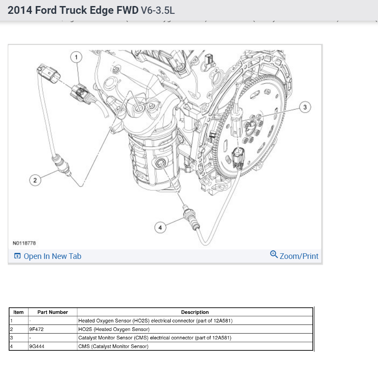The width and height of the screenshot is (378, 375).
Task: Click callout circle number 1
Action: [76, 57]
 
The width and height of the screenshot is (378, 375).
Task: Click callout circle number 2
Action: [35, 180]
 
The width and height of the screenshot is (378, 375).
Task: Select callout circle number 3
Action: [305, 107]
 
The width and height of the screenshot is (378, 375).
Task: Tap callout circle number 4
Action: [160, 227]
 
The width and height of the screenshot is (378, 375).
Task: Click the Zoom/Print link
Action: [299, 256]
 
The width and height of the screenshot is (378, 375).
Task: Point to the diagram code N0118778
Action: [25, 243]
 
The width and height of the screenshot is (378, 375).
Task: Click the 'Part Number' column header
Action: [52, 312]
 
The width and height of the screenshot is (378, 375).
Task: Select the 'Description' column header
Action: [194, 312]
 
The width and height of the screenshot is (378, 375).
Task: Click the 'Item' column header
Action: [19, 312]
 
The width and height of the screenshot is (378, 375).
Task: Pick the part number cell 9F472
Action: [37, 329]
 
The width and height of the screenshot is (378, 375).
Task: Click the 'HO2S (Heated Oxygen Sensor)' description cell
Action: [114, 329]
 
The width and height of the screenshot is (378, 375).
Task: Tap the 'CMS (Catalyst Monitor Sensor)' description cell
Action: [113, 347]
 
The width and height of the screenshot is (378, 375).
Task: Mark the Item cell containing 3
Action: [19, 338]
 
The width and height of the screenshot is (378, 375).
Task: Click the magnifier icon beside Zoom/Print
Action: [273, 254]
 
